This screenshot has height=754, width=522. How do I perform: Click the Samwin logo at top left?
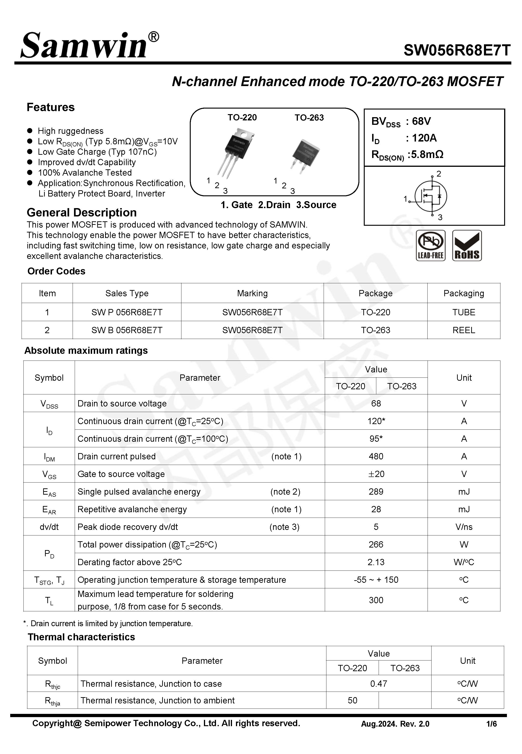(89, 46)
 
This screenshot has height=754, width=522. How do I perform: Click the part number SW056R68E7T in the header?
(457, 50)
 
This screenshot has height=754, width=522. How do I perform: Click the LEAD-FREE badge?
(430, 245)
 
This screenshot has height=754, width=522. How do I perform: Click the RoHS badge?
(467, 245)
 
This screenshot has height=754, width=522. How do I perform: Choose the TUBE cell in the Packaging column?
(464, 312)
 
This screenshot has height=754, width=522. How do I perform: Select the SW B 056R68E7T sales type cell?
(127, 330)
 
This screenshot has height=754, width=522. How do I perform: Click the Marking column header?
(252, 293)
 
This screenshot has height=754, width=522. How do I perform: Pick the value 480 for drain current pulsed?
(376, 456)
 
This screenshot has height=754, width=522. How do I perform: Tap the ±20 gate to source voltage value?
(376, 474)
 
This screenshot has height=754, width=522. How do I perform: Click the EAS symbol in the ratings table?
(49, 492)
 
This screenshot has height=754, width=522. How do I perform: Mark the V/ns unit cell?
(464, 527)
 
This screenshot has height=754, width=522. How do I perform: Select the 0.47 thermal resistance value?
(378, 684)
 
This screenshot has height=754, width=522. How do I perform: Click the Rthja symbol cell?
(52, 701)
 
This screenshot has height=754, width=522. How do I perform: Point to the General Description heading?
(82, 213)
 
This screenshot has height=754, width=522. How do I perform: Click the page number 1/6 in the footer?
(491, 724)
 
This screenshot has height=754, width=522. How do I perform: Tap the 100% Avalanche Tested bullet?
(84, 173)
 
